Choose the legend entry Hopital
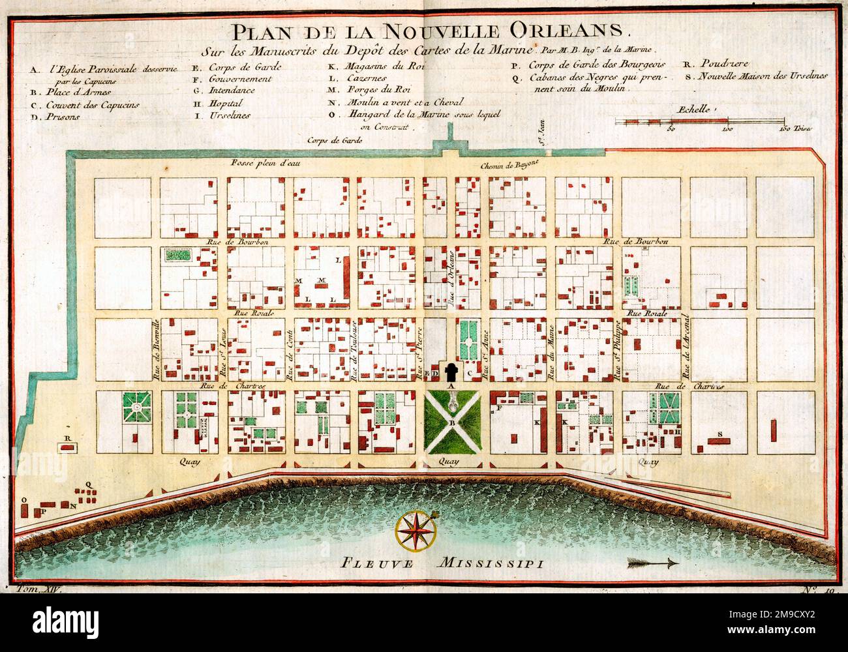[x=226, y=104]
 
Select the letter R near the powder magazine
[x=67, y=437]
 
